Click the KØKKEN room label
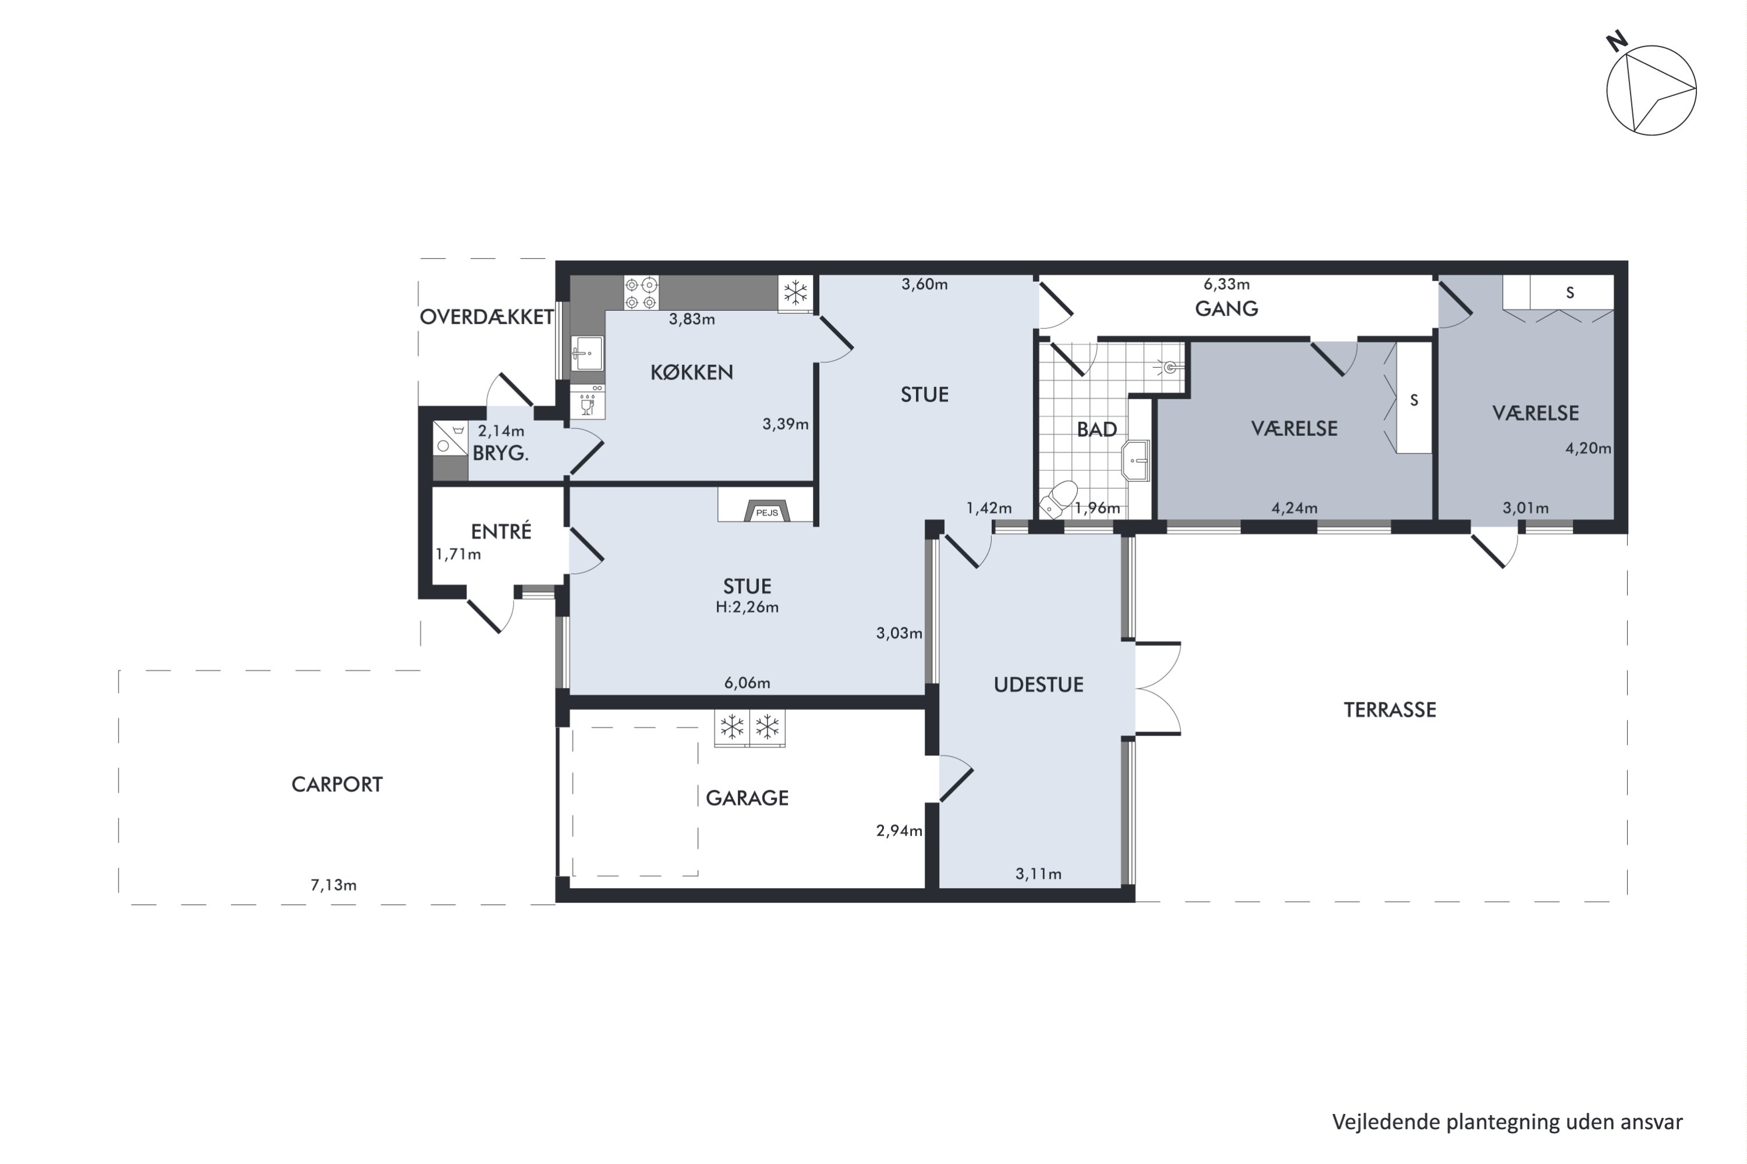tap(692, 372)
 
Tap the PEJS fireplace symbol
tap(766, 511)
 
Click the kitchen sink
tap(588, 353)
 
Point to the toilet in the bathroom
tap(1059, 498)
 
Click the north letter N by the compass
tap(1617, 41)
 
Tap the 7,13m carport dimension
tap(334, 885)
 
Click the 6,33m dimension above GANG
tap(1226, 283)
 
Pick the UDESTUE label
tap(1038, 684)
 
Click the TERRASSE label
tap(1389, 709)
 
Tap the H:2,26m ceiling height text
tap(747, 607)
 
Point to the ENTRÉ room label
tap(501, 531)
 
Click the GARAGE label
tap(747, 798)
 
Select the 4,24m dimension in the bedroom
tap(1295, 508)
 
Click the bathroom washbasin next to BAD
tap(1136, 461)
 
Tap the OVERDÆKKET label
tap(486, 317)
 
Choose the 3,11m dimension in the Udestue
tap(1038, 874)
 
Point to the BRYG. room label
tap(501, 453)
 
